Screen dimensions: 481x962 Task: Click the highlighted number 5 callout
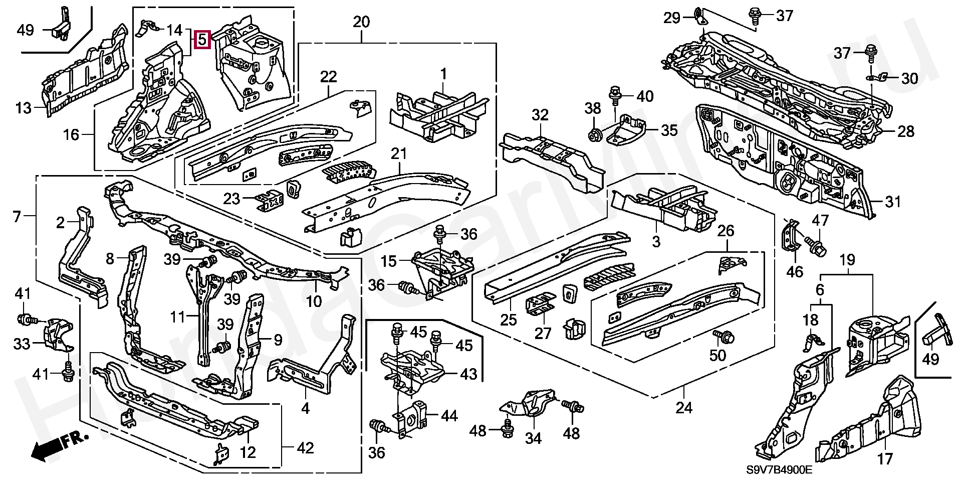point(201,39)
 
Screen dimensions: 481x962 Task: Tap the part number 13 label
point(23,108)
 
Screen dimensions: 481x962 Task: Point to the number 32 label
point(541,115)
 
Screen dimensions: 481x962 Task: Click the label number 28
point(905,131)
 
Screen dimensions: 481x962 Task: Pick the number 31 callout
point(893,202)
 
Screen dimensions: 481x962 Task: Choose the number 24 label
point(683,408)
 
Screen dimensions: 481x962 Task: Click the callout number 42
point(305,448)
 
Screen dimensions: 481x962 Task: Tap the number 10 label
point(314,301)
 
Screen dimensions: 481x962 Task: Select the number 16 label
point(72,134)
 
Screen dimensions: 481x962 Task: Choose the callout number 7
point(17,217)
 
